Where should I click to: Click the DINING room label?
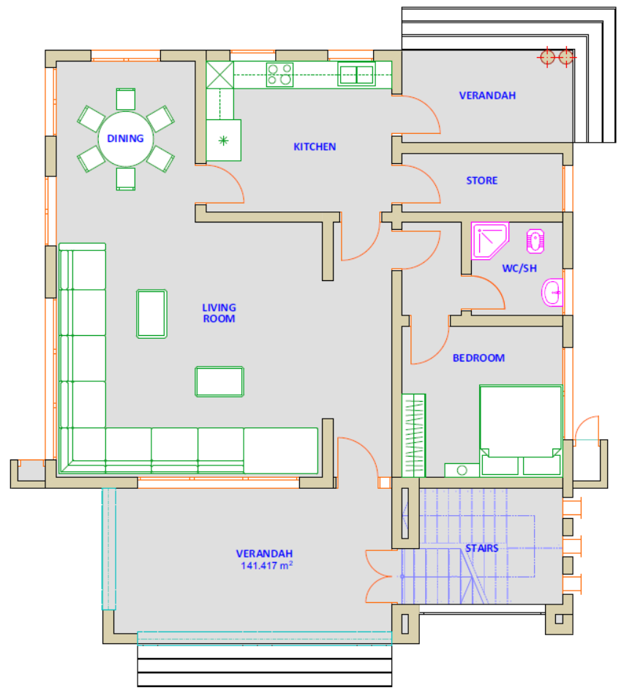(x=126, y=138)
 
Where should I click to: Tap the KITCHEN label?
(x=315, y=147)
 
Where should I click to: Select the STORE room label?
(x=481, y=180)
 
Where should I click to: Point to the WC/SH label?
(x=519, y=269)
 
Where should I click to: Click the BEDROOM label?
(x=478, y=358)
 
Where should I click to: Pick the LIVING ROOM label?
(x=219, y=313)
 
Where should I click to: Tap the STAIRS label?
(x=481, y=549)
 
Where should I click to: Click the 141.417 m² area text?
(x=266, y=565)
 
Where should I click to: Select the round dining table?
(x=126, y=139)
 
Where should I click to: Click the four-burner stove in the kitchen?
(x=279, y=75)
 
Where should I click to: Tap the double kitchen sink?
(x=357, y=74)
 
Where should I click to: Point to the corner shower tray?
(x=489, y=241)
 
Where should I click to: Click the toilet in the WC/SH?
(x=535, y=241)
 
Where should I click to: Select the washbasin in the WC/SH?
(x=552, y=293)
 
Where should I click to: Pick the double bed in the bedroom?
(x=521, y=430)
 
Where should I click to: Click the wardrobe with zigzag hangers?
(x=413, y=435)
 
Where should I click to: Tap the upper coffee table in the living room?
(x=151, y=314)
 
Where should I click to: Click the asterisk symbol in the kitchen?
(x=224, y=141)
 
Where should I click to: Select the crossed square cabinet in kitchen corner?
(x=219, y=75)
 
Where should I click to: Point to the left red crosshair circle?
(x=547, y=57)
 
